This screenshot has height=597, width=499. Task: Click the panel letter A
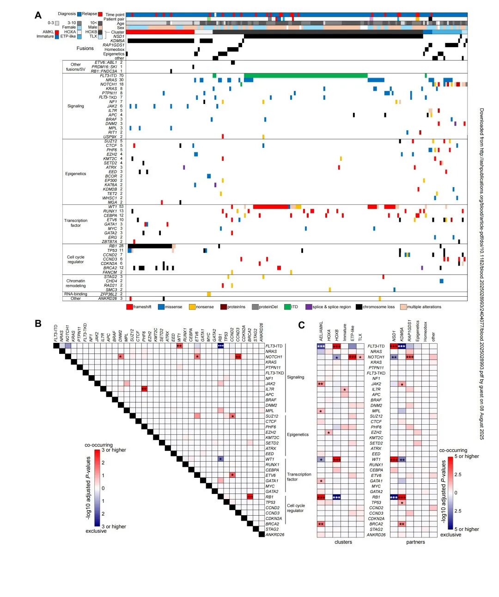point(38,16)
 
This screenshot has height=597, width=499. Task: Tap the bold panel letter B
point(38,323)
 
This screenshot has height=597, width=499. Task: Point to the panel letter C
point(301,325)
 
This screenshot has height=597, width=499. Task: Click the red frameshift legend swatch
point(130,307)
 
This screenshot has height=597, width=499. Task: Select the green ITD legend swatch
point(287,307)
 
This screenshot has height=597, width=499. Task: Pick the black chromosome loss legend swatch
point(359,307)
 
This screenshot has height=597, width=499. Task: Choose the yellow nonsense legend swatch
point(193,307)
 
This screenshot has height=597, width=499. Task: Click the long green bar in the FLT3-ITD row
point(305,75)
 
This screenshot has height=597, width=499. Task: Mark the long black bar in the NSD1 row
point(333,37)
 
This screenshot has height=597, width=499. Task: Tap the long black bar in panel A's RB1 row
point(149,246)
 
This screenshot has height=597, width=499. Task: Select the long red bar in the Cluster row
point(160,32)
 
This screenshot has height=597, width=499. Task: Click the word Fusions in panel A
point(85,48)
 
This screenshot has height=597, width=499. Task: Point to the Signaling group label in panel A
point(76,106)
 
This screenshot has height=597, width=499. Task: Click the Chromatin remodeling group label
point(76,283)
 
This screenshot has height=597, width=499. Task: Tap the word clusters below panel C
point(343,542)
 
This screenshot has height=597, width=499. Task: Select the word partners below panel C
point(415,542)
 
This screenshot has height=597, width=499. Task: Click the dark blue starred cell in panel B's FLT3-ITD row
point(220,346)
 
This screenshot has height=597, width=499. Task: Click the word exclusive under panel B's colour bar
point(96,531)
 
